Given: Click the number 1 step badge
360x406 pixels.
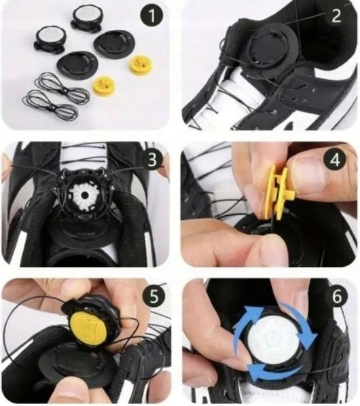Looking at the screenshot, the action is click(151, 15).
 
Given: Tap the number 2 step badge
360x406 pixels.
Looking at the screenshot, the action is click(336, 16).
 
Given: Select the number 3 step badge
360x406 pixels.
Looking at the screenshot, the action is click(151, 160).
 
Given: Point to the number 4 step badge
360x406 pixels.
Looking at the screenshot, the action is click(336, 160).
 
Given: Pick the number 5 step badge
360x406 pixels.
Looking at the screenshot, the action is click(154, 297).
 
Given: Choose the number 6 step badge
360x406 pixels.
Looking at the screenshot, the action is click(337, 297).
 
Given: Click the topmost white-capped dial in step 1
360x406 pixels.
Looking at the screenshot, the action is click(86, 18).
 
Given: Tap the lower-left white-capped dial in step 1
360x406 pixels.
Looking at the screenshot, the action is click(49, 38).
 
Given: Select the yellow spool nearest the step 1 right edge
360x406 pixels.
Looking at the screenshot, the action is click(138, 64).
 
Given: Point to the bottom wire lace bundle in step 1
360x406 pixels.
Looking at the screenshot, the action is click(51, 107).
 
